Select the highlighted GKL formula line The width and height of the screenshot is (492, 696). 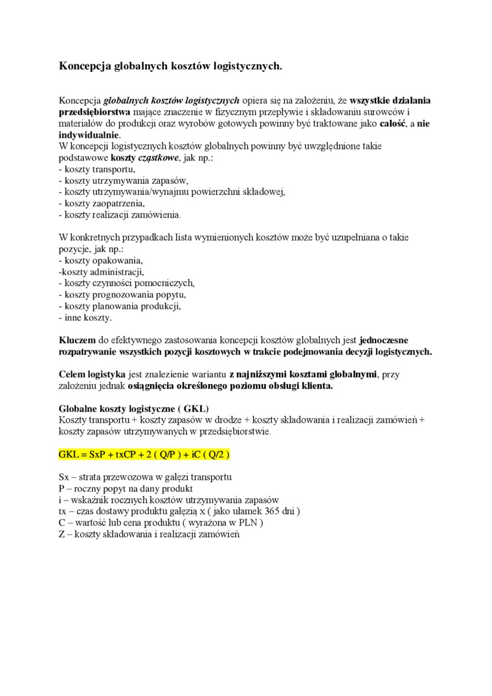(x=144, y=455)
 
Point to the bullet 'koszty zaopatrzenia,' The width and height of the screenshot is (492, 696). (x=102, y=203)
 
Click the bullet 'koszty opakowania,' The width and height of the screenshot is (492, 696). (x=100, y=260)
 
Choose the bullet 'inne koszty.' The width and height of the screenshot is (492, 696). (x=85, y=318)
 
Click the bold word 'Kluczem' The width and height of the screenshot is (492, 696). (x=77, y=340)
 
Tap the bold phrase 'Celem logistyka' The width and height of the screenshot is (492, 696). (x=92, y=374)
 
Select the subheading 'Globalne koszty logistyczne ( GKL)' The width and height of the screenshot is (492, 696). (x=129, y=409)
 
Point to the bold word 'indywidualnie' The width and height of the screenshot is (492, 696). (x=89, y=135)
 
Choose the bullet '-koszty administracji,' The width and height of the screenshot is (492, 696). (x=101, y=272)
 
